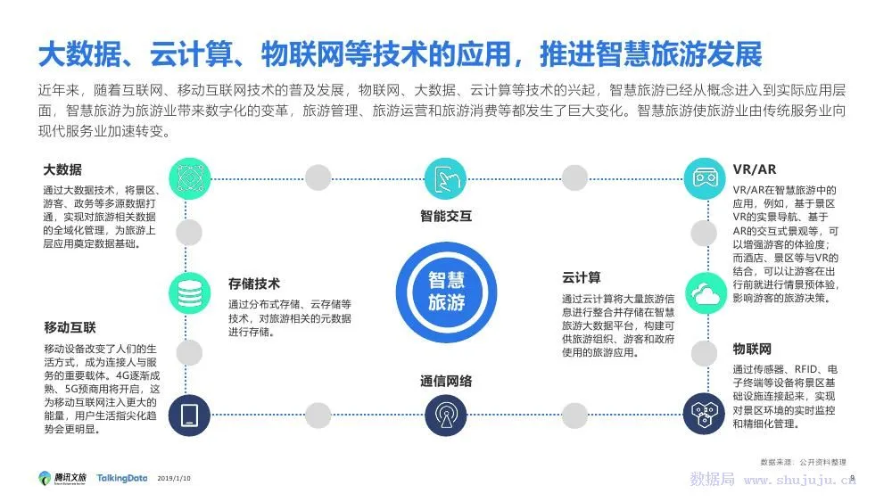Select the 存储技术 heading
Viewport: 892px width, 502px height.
click(254, 284)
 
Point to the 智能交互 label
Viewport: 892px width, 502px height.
click(446, 216)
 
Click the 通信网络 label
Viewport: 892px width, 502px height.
click(446, 381)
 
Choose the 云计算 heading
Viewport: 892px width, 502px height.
click(581, 277)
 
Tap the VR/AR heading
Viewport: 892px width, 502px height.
click(755, 169)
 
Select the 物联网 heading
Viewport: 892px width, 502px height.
click(752, 348)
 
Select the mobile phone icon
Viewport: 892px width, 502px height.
click(189, 415)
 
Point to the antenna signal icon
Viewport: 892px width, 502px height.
click(446, 414)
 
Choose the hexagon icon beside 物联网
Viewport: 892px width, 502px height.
click(705, 414)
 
